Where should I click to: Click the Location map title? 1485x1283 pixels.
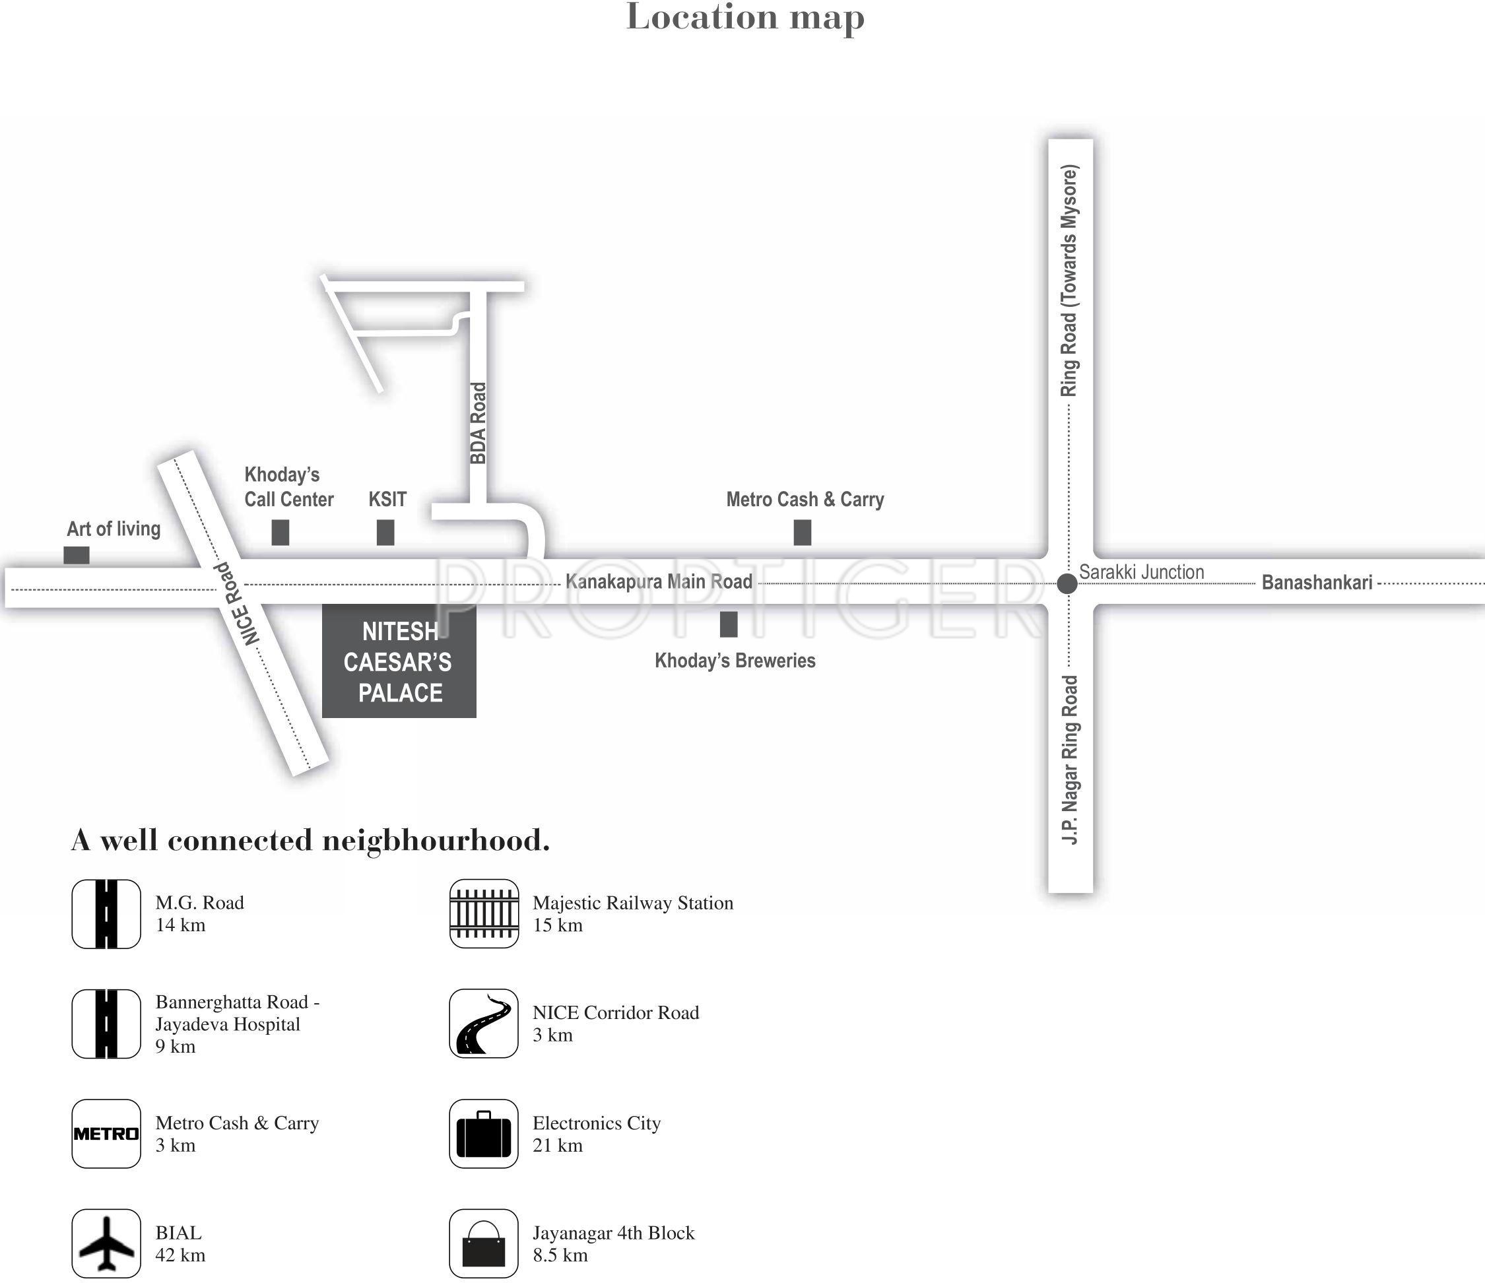click(x=744, y=17)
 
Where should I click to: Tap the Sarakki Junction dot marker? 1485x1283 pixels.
click(x=1067, y=583)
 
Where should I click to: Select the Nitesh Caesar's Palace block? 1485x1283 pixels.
click(x=399, y=661)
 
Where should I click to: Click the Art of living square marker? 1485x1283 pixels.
click(x=77, y=555)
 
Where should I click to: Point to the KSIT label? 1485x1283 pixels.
click(x=387, y=499)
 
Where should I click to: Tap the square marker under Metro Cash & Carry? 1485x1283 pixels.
click(x=802, y=533)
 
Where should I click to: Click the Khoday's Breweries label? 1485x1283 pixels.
click(x=735, y=660)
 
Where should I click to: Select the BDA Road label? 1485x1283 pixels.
click(x=478, y=423)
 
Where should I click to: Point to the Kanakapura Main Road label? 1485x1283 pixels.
click(x=659, y=581)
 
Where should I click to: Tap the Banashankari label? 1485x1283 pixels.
click(x=1317, y=582)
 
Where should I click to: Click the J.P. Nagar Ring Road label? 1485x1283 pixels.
click(x=1069, y=760)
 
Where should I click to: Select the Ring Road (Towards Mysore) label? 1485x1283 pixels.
click(x=1069, y=280)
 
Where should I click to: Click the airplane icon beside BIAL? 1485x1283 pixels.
click(x=106, y=1243)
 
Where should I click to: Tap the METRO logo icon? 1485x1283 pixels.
click(x=106, y=1133)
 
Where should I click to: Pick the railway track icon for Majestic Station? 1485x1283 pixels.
click(x=484, y=913)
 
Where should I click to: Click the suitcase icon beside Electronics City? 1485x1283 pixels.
click(x=484, y=1133)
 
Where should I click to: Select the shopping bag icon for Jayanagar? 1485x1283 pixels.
click(x=484, y=1243)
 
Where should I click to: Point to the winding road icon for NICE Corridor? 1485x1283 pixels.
click(x=484, y=1024)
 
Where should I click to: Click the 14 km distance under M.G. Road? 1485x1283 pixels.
click(x=181, y=925)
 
